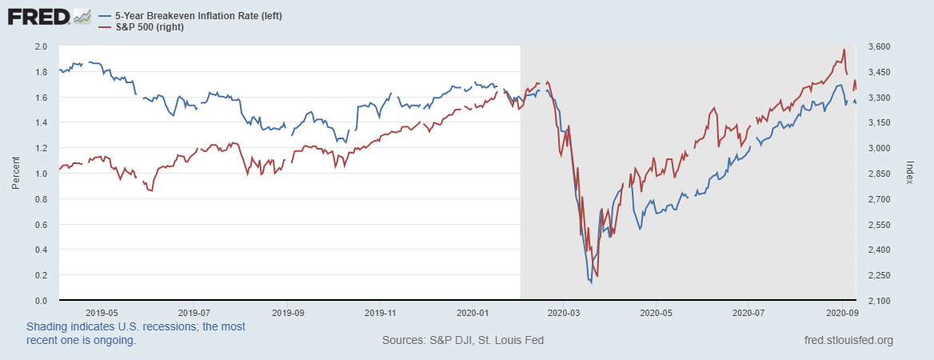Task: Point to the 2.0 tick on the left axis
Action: (42, 46)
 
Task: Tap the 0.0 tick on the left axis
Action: (42, 301)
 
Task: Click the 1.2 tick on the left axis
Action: (42, 148)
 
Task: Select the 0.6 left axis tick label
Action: (42, 225)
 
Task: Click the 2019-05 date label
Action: (102, 313)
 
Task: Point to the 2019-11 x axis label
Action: (378, 313)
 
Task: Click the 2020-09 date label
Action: (842, 313)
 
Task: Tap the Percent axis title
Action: (16, 174)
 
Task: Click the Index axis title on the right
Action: (911, 172)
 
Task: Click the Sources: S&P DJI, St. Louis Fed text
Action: (463, 341)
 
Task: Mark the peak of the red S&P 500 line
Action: (844, 50)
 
